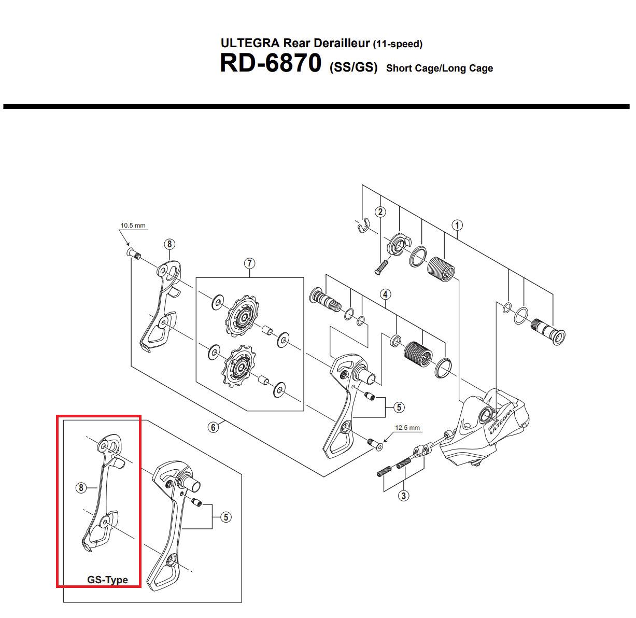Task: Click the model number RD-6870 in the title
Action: pyautogui.click(x=271, y=63)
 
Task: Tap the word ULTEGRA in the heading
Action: pyautogui.click(x=250, y=43)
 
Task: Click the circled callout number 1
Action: pyautogui.click(x=457, y=226)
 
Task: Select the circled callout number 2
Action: pyautogui.click(x=380, y=212)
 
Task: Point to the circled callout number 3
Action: pyautogui.click(x=404, y=496)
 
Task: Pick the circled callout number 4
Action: pyautogui.click(x=386, y=294)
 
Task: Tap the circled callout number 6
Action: pyautogui.click(x=213, y=427)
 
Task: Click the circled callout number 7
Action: pyautogui.click(x=249, y=263)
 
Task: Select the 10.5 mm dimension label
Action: pyautogui.click(x=133, y=226)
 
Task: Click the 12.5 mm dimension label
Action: pyautogui.click(x=407, y=428)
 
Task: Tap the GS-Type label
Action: pyautogui.click(x=107, y=580)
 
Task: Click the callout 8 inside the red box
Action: pyautogui.click(x=81, y=488)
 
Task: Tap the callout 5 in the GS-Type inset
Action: pyautogui.click(x=226, y=517)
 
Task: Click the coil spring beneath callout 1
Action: pyautogui.click(x=441, y=269)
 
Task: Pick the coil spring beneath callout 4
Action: pyautogui.click(x=418, y=354)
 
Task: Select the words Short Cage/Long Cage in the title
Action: pyautogui.click(x=439, y=68)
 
